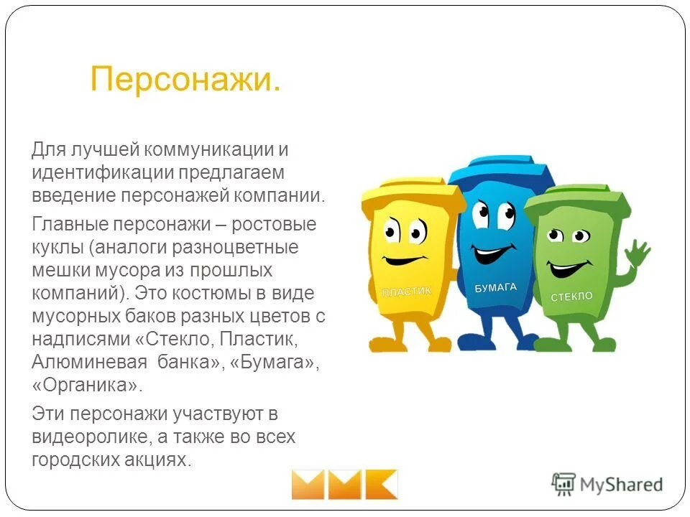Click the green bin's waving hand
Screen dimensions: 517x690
pyautogui.click(x=636, y=253)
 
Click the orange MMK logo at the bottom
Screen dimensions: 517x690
pyautogui.click(x=344, y=484)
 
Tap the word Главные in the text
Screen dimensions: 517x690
pyautogui.click(x=66, y=224)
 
